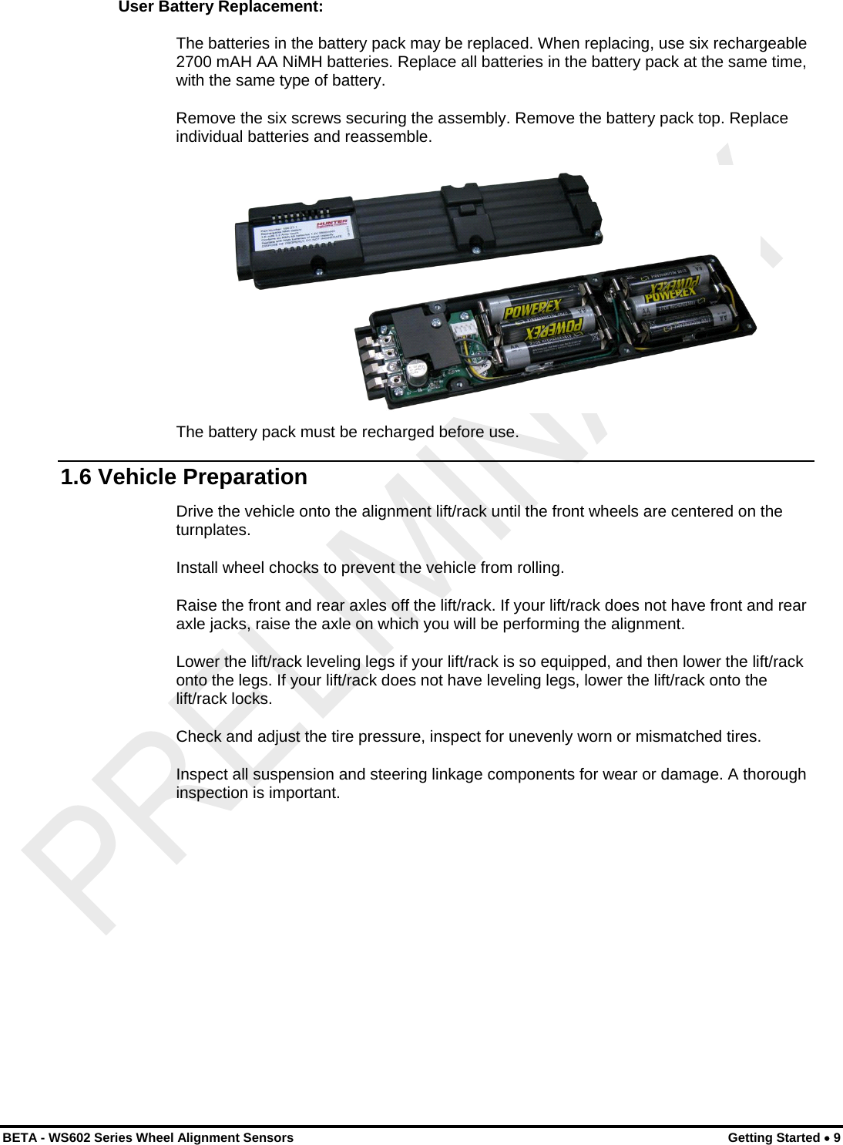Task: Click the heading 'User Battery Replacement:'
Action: point(220,8)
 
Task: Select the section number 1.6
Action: point(76,477)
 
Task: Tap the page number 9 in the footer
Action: point(836,1137)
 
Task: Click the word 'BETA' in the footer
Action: point(18,1137)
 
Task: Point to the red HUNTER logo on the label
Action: point(332,223)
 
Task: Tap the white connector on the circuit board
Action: point(464,329)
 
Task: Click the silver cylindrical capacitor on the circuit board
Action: point(417,371)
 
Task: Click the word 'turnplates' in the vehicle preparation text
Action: point(211,530)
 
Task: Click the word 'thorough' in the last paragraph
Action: point(774,775)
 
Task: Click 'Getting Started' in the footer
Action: point(773,1137)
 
